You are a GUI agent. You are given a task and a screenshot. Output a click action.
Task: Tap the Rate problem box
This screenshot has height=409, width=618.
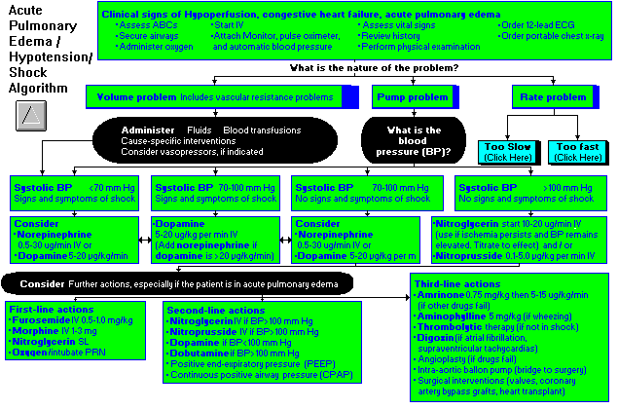[559, 97]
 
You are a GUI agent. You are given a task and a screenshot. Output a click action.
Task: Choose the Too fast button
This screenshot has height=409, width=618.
[578, 151]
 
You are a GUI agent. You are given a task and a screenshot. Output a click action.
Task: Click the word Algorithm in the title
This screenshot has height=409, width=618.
[35, 87]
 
